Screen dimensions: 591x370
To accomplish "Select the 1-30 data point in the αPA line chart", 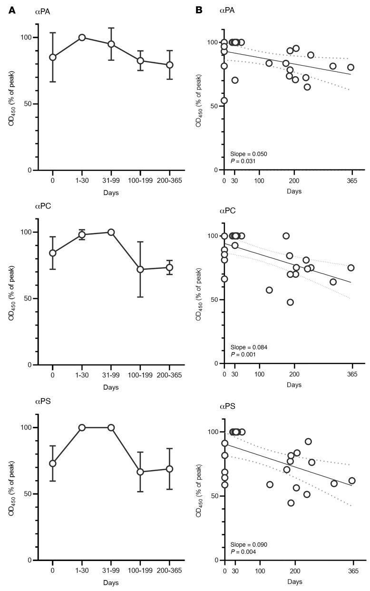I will point(82,37).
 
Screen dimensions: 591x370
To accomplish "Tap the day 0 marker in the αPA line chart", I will point(53,57).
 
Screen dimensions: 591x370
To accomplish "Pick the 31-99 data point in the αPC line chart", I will point(111,232).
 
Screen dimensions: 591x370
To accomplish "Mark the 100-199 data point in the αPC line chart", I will point(140,269).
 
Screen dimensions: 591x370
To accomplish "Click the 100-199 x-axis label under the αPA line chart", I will point(140,181).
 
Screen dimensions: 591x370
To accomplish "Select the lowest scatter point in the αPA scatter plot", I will point(224,100).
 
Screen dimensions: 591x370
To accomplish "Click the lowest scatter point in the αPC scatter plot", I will point(290,302).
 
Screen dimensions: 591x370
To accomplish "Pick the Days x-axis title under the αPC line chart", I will point(111,386).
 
